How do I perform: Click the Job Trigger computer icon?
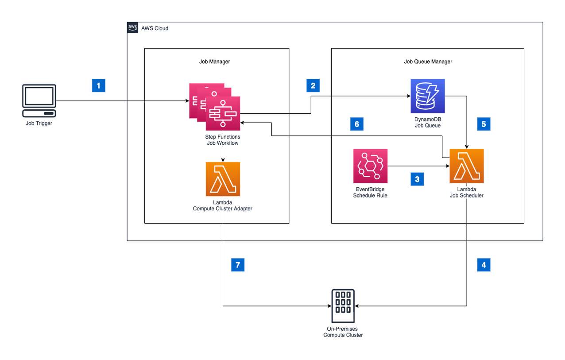(39, 101)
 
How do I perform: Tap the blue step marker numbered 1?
(99, 85)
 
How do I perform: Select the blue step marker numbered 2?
(313, 85)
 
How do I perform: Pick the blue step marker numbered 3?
(417, 179)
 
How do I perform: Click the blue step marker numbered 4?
(484, 265)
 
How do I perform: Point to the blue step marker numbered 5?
(484, 124)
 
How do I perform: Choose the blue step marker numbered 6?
(357, 124)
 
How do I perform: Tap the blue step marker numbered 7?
(238, 265)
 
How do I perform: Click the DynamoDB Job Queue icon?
(428, 96)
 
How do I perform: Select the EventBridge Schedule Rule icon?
(370, 166)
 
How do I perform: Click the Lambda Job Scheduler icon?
(467, 166)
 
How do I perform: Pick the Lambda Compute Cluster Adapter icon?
(223, 179)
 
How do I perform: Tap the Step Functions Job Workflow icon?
(215, 107)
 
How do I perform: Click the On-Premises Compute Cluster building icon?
(343, 306)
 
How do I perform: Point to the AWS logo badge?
(133, 27)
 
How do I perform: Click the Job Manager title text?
(215, 62)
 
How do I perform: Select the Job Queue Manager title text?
(428, 62)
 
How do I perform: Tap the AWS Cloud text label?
(155, 28)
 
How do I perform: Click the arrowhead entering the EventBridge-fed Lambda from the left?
(448, 166)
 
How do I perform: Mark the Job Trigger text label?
(39, 124)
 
